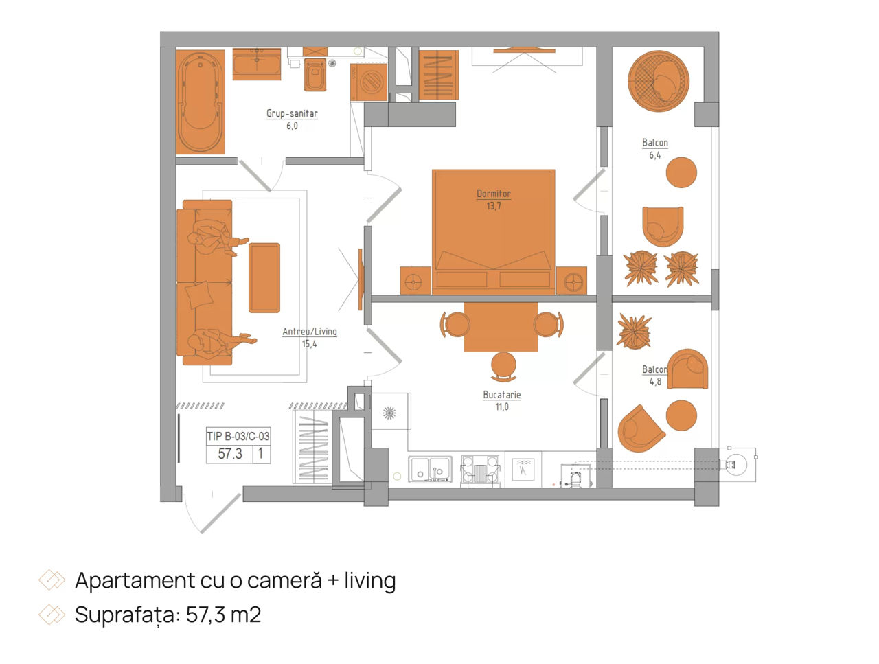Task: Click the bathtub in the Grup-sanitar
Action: [200, 102]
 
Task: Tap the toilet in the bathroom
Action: [315, 75]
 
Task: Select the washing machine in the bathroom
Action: [368, 82]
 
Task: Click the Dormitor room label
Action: [493, 194]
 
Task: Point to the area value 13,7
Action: [493, 206]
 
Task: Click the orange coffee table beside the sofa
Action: [264, 277]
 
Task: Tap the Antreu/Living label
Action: [310, 332]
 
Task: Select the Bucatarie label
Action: [502, 395]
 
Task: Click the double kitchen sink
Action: [430, 469]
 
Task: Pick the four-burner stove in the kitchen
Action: [480, 470]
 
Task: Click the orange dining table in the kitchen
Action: [501, 327]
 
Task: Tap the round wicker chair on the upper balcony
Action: [659, 81]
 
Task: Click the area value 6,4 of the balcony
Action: [654, 155]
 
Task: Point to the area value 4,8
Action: [655, 382]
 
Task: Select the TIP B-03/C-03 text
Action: [238, 436]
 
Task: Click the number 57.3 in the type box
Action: [230, 454]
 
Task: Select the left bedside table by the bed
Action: [415, 281]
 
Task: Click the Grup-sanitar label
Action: [292, 114]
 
